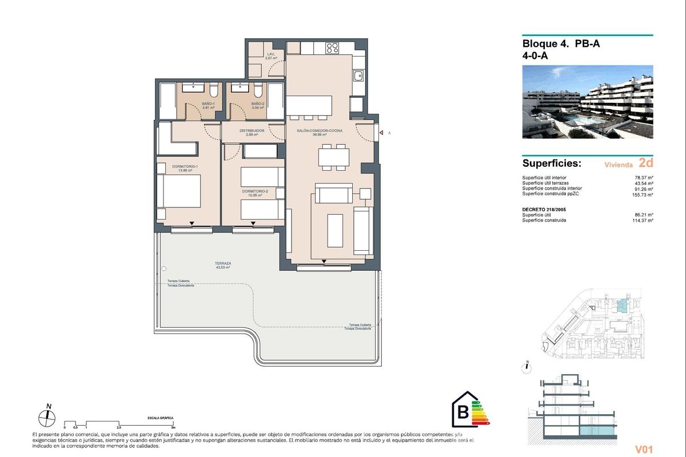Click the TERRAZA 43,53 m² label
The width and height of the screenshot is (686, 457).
223,265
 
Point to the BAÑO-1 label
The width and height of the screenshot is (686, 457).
208,105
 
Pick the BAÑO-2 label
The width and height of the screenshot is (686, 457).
258,105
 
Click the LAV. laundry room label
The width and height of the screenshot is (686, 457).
271,56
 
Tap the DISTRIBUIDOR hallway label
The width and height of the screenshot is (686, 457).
252,132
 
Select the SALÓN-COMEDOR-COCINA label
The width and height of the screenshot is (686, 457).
320,132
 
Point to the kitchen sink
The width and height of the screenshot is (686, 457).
358,76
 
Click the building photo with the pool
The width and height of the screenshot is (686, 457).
587,102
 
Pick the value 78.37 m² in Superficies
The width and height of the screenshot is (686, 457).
644,178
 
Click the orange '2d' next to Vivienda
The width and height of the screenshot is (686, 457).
645,163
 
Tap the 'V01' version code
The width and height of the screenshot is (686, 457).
643,449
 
